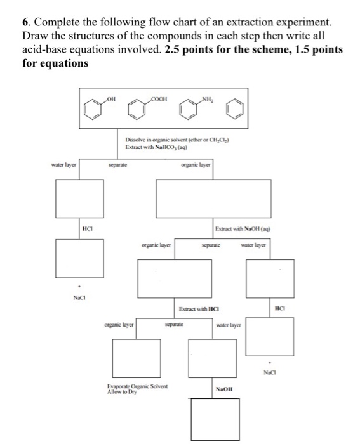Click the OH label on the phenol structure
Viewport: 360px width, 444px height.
[x=111, y=99]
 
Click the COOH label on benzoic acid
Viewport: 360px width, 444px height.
[x=159, y=99]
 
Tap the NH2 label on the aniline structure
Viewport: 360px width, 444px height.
[x=208, y=99]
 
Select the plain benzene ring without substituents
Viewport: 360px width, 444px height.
[x=235, y=110]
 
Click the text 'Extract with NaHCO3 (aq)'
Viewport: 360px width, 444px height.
[x=156, y=147]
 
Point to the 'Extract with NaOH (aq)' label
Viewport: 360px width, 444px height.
[x=243, y=229]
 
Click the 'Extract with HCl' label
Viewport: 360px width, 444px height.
[x=199, y=309]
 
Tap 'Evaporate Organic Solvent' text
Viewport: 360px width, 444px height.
[x=137, y=386]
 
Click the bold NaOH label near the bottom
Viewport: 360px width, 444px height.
[x=224, y=389]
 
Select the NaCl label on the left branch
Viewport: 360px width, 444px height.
[x=79, y=297]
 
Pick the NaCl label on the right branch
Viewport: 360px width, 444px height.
[x=270, y=372]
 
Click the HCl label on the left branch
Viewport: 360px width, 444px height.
[x=88, y=228]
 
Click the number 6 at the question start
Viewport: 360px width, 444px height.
[x=25, y=22]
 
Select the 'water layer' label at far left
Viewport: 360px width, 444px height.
[x=63, y=165]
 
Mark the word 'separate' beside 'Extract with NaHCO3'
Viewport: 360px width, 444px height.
[x=118, y=165]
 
